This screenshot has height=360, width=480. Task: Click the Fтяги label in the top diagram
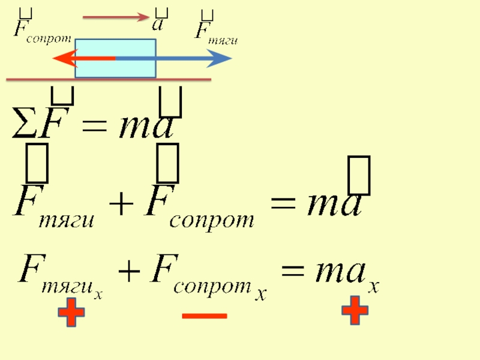pyautogui.click(x=215, y=31)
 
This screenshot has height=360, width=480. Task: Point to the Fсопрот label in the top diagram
pyautogui.click(x=41, y=29)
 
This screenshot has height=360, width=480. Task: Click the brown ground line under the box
pyautogui.click(x=108, y=79)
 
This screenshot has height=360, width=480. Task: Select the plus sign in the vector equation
pyautogui.click(x=122, y=205)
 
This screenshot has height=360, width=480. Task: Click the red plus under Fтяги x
pyautogui.click(x=71, y=314)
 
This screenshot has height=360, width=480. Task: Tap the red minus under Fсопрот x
pyautogui.click(x=204, y=315)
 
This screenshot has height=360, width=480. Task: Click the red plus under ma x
pyautogui.click(x=354, y=311)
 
